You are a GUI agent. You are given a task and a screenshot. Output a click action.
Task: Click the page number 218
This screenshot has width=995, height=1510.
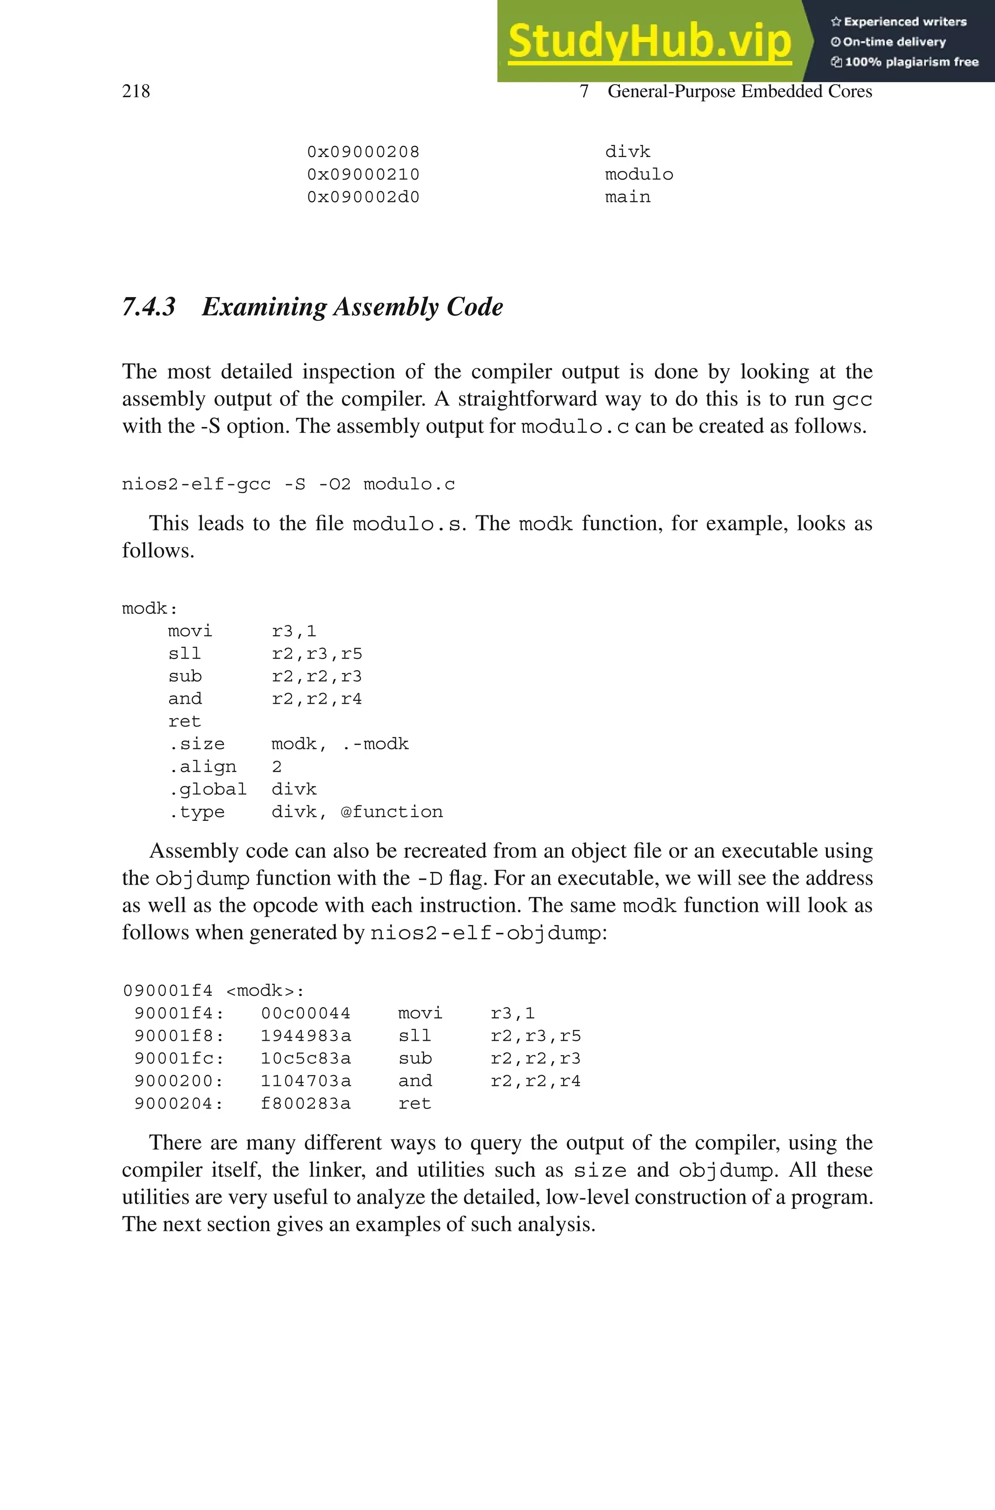coord(136,91)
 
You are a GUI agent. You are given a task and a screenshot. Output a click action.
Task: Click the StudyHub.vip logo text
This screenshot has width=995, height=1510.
coord(649,41)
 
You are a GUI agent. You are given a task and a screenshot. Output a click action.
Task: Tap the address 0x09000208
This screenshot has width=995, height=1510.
coord(363,152)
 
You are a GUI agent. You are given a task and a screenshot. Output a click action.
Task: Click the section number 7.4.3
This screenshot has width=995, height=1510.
coord(149,307)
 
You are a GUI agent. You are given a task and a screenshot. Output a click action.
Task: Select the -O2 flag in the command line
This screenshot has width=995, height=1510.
coord(334,484)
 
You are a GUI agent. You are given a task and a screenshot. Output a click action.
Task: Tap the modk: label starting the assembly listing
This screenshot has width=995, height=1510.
coord(150,608)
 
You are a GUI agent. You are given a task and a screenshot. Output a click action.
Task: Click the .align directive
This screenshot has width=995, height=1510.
coord(202,766)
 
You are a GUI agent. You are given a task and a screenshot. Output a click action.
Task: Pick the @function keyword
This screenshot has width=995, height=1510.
coord(392,812)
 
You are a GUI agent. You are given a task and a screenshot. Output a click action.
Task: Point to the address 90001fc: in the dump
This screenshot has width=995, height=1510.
coord(179,1059)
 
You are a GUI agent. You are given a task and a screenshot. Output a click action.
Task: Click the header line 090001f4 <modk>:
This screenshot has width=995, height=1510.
coord(213,991)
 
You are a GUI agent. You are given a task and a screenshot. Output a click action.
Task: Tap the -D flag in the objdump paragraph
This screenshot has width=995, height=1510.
coord(429,879)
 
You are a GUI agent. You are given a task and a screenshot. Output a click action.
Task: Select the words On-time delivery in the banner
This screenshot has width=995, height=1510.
coord(893,42)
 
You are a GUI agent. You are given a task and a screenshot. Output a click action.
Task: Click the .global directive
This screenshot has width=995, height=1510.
coord(207,789)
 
